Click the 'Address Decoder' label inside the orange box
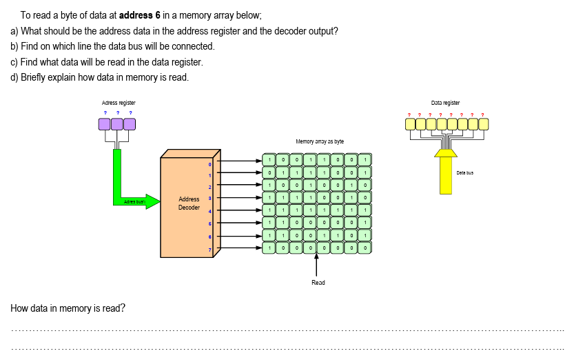point(189,203)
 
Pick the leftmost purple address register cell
point(104,124)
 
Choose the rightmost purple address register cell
point(129,124)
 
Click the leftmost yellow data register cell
point(410,124)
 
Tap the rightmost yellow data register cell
point(483,124)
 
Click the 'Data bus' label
point(465,173)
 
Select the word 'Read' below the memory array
point(318,283)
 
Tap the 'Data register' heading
point(447,102)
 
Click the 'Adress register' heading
point(114,102)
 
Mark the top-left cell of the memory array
point(268,160)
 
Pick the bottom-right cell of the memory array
point(365,247)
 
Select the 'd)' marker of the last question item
point(14,77)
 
